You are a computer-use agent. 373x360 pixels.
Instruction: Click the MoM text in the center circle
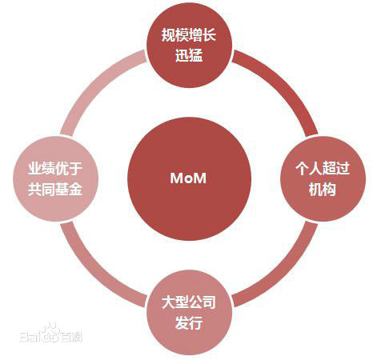click(x=188, y=178)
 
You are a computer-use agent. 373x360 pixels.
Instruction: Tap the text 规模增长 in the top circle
click(x=189, y=35)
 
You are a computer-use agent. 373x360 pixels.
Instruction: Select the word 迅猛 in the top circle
click(x=189, y=55)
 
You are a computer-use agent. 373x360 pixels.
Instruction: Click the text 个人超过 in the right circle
click(x=323, y=168)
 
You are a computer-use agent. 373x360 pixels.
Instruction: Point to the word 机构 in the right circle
click(x=323, y=189)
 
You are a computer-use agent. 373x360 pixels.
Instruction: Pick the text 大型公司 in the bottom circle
click(x=189, y=302)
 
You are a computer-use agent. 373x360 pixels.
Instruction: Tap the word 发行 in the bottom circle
click(x=189, y=322)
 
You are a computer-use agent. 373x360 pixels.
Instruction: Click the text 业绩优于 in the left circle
click(x=55, y=168)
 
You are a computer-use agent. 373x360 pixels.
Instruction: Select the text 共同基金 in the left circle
click(x=55, y=189)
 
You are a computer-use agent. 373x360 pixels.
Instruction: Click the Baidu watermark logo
click(x=50, y=334)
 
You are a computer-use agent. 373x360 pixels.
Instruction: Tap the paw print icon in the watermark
click(x=51, y=332)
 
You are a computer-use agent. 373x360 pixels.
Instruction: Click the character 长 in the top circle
click(x=209, y=35)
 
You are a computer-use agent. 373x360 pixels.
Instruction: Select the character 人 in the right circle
click(x=315, y=168)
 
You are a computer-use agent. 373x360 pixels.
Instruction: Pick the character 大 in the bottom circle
click(x=168, y=302)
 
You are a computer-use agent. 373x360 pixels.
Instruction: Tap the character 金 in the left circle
click(x=76, y=189)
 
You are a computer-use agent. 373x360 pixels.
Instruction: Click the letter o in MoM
click(x=188, y=179)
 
